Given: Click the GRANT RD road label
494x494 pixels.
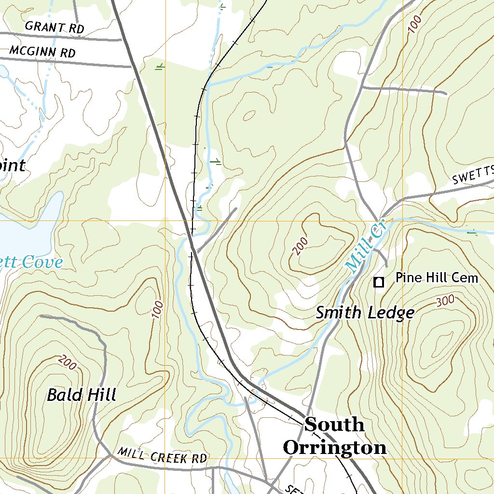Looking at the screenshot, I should click(x=55, y=27).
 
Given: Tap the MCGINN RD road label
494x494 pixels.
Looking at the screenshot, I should click(x=42, y=51).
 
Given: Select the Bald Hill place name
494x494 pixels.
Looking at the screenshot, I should click(x=82, y=395).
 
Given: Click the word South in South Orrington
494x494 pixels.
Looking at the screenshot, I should click(x=334, y=425).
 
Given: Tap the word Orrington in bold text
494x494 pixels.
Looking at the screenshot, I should click(x=334, y=448).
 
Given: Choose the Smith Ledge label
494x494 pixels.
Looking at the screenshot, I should click(x=365, y=313).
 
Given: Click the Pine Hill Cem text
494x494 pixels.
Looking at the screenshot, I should click(x=437, y=277).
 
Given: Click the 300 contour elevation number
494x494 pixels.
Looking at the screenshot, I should click(x=445, y=301).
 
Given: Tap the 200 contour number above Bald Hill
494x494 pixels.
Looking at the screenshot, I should click(x=68, y=362).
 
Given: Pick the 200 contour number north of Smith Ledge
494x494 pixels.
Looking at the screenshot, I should click(x=300, y=247).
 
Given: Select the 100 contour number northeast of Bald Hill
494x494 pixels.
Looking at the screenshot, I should click(x=157, y=309).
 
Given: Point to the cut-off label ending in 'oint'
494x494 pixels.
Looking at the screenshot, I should click(x=12, y=165).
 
